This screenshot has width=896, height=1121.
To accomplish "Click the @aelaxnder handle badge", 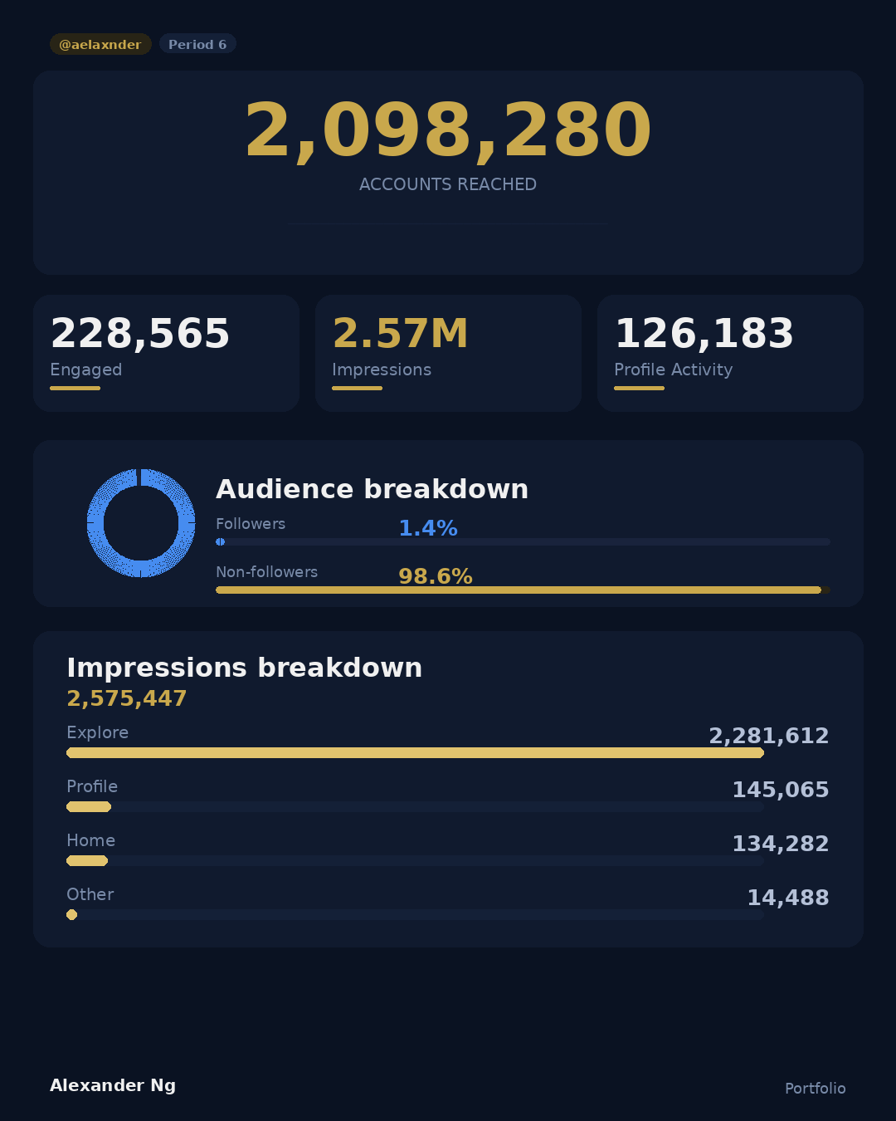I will pyautogui.click(x=100, y=44).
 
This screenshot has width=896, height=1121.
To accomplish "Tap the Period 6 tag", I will pyautogui.click(x=197, y=44).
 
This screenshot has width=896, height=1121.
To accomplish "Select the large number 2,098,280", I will pyautogui.click(x=448, y=130).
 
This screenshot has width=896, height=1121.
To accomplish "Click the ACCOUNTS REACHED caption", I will pyautogui.click(x=448, y=184).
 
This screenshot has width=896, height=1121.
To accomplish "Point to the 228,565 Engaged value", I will pyautogui.click(x=140, y=334).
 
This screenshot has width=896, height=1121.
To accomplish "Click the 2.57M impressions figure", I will pyautogui.click(x=400, y=334).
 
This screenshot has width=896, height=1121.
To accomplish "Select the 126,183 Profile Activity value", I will pyautogui.click(x=704, y=334).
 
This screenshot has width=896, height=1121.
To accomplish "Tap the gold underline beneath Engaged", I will pyautogui.click(x=75, y=388).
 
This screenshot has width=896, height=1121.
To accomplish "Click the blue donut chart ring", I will pyautogui.click(x=95, y=523).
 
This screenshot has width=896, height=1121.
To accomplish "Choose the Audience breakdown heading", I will pyautogui.click(x=372, y=489).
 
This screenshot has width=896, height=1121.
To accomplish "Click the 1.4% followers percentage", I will pyautogui.click(x=428, y=528).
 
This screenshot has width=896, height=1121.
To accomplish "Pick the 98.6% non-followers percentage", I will pyautogui.click(x=436, y=576).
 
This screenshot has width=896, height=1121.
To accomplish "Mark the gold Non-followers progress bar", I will pyautogui.click(x=519, y=590).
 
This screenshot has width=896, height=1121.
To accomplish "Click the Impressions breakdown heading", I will pyautogui.click(x=245, y=668).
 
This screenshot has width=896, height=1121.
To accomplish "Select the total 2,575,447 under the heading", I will pyautogui.click(x=127, y=698).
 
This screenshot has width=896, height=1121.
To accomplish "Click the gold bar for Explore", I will pyautogui.click(x=415, y=752).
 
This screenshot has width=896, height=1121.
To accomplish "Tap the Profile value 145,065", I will pyautogui.click(x=780, y=790).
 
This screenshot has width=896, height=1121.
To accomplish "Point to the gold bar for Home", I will pyautogui.click(x=87, y=860).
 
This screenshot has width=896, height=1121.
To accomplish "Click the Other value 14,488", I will pyautogui.click(x=787, y=898).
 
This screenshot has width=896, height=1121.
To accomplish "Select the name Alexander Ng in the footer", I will pyautogui.click(x=113, y=1085).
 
